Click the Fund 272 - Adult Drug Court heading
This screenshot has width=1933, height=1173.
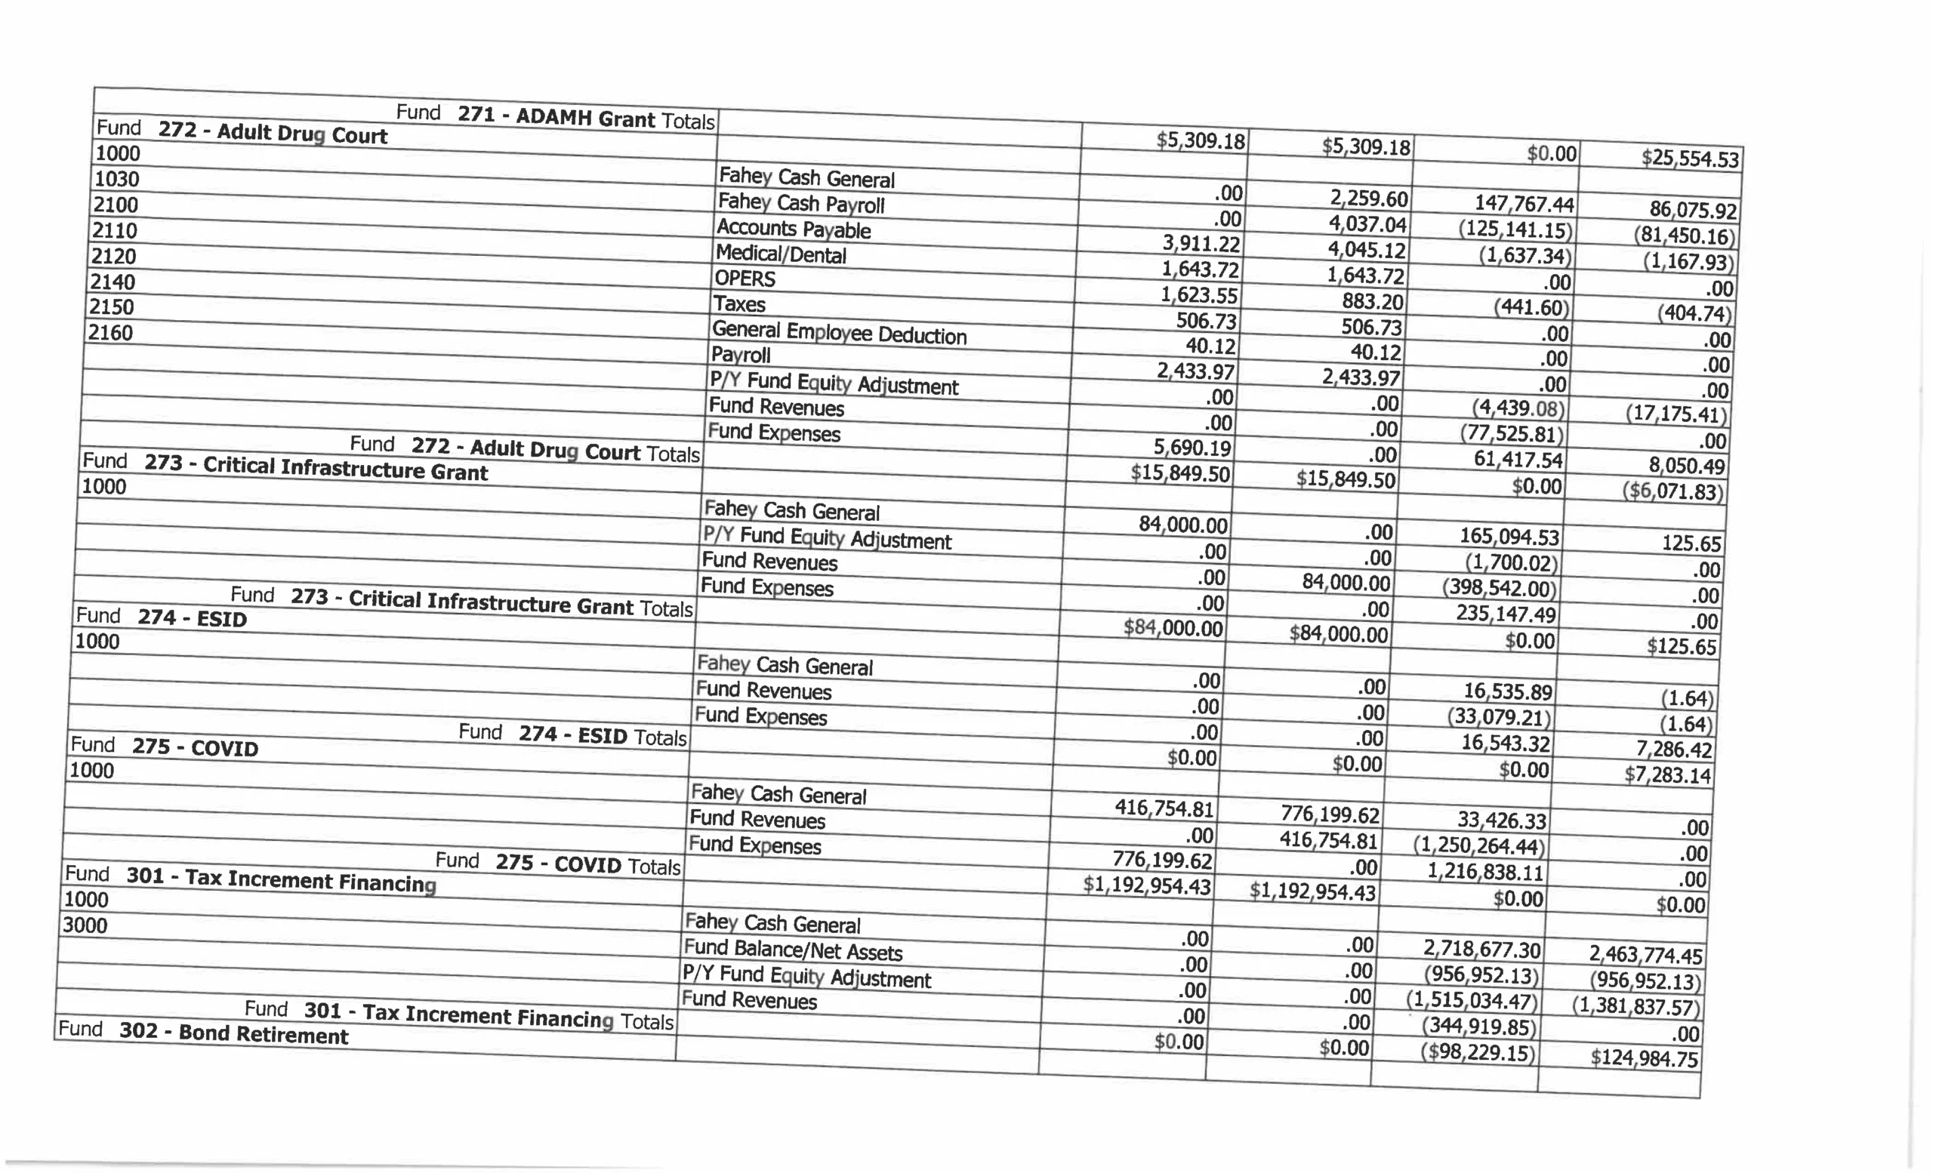tap(242, 132)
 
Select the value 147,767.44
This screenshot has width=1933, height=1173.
tap(1524, 204)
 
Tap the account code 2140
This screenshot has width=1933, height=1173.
tap(113, 282)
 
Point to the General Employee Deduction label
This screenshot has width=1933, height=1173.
tap(839, 332)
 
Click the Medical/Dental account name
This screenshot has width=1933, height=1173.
tap(781, 254)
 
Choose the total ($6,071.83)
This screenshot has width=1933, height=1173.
tap(1672, 491)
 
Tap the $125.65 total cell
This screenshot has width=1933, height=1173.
tap(1681, 647)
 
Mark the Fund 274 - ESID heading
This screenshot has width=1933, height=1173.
tap(161, 618)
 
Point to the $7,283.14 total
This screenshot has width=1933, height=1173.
tap(1668, 775)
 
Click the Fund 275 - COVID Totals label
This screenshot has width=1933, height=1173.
tap(558, 864)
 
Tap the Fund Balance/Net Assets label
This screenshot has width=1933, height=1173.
tap(792, 950)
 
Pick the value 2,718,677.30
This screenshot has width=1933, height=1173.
tap(1482, 950)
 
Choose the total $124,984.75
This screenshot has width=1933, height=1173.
tap(1645, 1058)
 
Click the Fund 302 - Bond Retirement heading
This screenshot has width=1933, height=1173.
tap(203, 1033)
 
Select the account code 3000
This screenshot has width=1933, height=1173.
tap(85, 925)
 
